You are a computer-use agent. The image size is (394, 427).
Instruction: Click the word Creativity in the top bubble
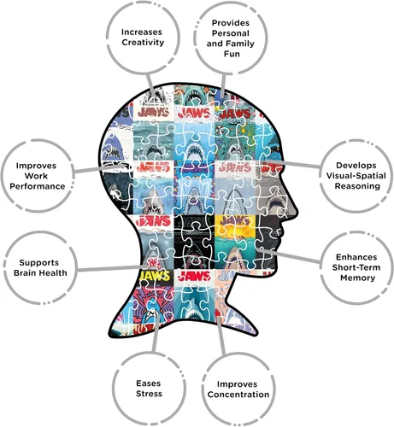pos(143,43)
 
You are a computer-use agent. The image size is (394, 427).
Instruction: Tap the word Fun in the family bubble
pos(232,54)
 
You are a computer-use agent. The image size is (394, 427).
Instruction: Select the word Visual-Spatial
pos(356,176)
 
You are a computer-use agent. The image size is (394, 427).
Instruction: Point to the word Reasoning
pos(357,186)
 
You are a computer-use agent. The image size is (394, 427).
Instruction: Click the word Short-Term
pos(356,267)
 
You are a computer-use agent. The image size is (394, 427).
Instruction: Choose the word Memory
pos(357,278)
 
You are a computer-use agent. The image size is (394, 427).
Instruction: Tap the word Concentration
pos(238,395)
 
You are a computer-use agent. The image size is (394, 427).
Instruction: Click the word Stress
pos(149,394)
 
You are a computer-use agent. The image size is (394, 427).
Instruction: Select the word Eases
pos(149,383)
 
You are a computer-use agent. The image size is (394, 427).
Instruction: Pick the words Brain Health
pos(40,272)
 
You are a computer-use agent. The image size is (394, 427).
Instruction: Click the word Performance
pos(38,186)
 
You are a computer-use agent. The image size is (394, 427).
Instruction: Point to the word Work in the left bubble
pos(36,176)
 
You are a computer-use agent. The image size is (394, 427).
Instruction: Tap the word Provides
pos(231,23)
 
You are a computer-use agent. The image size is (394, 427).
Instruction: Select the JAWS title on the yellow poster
pos(235,220)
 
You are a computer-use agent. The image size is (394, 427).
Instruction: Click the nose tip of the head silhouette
pos(297,212)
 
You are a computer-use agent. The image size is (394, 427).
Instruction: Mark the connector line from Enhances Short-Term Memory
pos(289,255)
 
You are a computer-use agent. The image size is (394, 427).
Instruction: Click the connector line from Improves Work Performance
pos(99,168)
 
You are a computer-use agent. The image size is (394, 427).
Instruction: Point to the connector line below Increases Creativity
pos(150,85)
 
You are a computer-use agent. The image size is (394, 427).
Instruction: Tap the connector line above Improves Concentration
pos(221,336)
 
